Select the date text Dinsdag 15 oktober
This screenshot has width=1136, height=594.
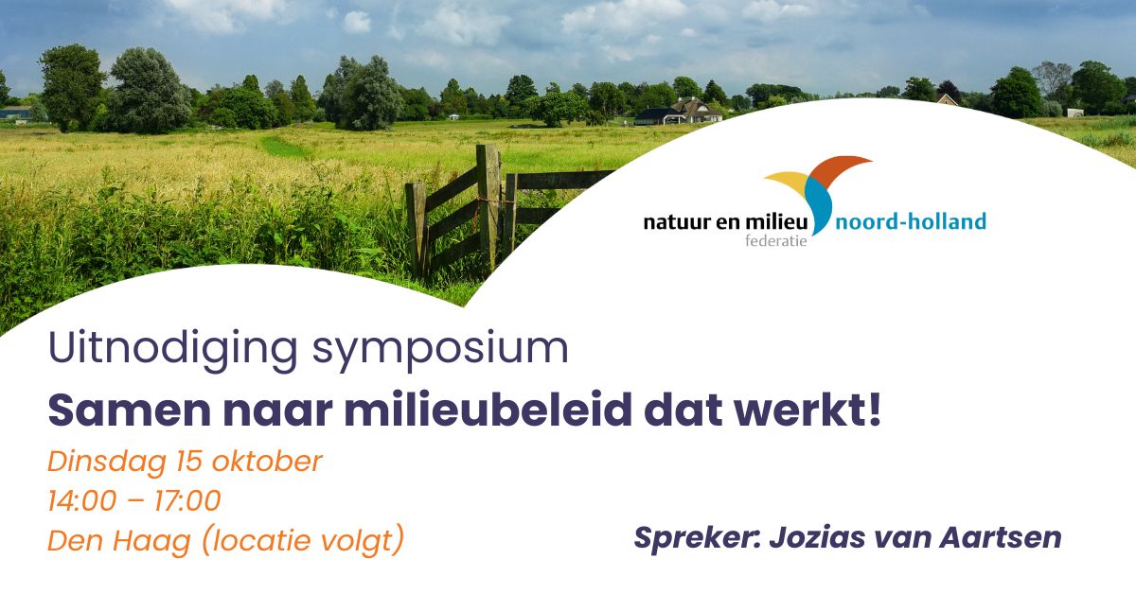click(185, 462)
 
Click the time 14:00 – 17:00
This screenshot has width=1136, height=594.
click(133, 500)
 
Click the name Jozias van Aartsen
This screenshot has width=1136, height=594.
click(914, 538)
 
